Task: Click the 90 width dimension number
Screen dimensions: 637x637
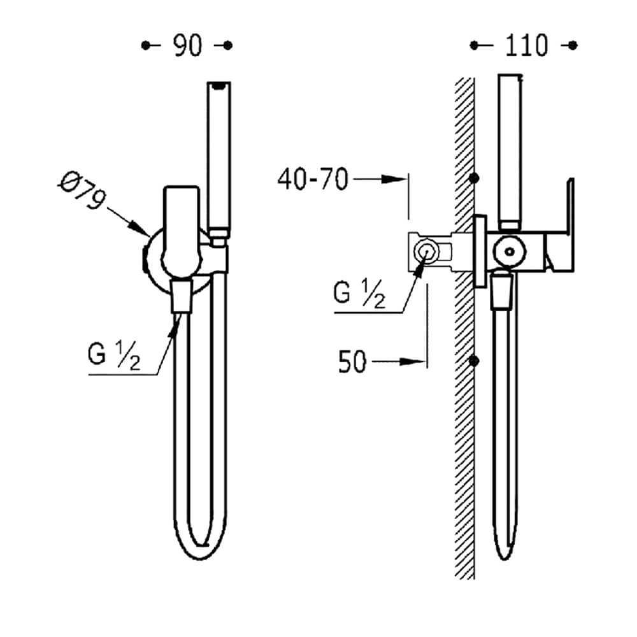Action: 187,45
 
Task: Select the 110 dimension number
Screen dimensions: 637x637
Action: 527,45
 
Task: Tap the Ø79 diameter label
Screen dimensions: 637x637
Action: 82,190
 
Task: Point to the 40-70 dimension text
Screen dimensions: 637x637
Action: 313,179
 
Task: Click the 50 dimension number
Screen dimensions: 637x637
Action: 352,362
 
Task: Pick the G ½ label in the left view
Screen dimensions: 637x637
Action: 114,355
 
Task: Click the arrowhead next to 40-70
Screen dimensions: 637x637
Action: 394,179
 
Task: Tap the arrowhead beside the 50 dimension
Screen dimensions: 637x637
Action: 413,362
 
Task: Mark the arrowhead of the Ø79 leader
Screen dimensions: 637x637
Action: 141,228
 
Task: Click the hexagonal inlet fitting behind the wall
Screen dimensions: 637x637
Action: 426,252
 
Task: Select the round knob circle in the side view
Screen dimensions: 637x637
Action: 510,252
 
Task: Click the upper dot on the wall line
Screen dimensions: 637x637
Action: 474,178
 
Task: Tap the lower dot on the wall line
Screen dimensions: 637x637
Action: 474,361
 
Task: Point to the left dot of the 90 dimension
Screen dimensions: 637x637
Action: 145,45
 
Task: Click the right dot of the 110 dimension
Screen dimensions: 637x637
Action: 573,45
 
